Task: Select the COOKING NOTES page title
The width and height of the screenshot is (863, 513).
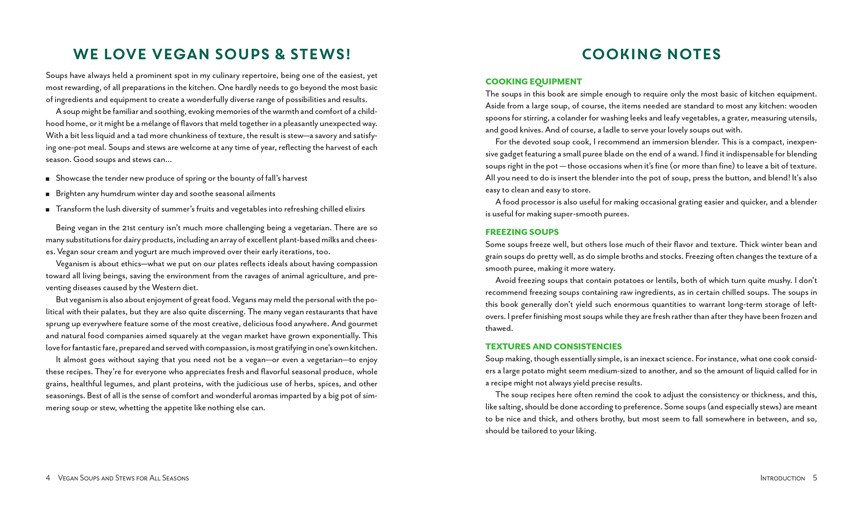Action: (x=651, y=54)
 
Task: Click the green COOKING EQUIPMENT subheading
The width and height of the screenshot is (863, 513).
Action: (x=533, y=82)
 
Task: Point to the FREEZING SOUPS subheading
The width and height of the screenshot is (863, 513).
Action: (x=522, y=232)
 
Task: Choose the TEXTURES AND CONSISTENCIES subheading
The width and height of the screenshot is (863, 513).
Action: (x=553, y=347)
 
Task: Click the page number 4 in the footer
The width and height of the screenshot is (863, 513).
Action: (x=48, y=478)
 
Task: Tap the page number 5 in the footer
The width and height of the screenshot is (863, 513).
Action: (x=815, y=478)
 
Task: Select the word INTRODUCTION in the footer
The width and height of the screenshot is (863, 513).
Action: (x=782, y=478)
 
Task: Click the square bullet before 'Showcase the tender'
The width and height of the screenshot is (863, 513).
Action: (x=48, y=179)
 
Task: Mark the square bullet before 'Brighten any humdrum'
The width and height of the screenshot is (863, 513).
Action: (x=48, y=195)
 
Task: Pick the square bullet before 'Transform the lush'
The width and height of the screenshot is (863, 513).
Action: (x=48, y=210)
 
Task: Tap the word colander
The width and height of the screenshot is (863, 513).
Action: (x=571, y=118)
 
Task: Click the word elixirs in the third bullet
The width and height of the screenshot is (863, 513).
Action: (x=353, y=209)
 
